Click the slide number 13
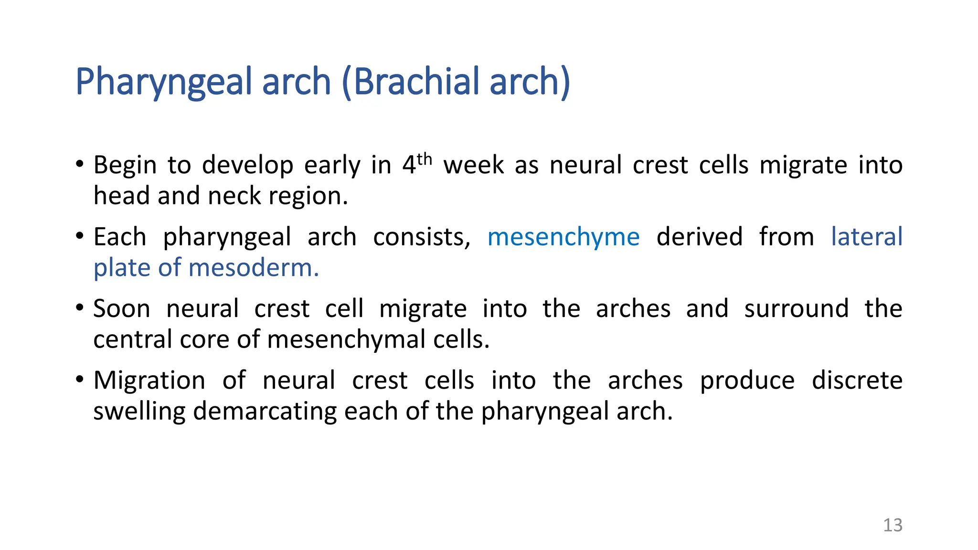pos(892,525)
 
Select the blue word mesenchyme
pos(563,237)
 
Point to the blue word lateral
pos(866,237)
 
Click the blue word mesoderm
pos(253,268)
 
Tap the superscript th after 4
pos(424,159)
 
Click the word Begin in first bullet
pos(125,166)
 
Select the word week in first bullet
pos(473,165)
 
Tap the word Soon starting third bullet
pos(121,309)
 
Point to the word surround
pos(796,309)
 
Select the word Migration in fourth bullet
pos(149,381)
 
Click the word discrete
pos(857,381)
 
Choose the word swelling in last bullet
pos(139,412)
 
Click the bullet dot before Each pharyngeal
pos(80,236)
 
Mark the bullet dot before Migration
pos(80,380)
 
